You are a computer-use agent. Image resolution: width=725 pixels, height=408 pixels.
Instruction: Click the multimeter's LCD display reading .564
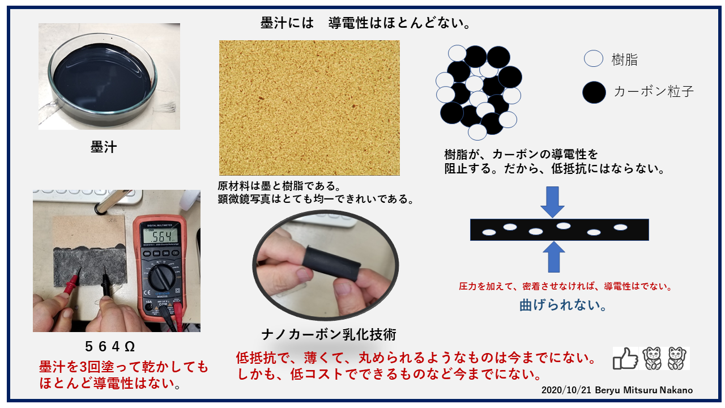[160, 236]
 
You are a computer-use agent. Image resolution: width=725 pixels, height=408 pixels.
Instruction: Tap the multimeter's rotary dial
[162, 277]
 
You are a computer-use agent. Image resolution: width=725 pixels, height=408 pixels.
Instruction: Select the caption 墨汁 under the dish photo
[104, 147]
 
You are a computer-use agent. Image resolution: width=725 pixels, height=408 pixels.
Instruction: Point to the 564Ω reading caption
[110, 347]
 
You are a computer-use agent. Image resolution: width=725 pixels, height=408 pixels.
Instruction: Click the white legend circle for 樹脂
[593, 58]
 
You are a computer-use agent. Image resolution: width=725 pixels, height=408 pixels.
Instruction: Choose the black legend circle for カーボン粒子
[594, 92]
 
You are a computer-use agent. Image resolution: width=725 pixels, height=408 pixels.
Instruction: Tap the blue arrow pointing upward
[554, 257]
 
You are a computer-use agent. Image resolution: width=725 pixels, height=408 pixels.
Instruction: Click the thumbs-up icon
[625, 359]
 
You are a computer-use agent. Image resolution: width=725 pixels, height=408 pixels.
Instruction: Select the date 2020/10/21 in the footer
[566, 390]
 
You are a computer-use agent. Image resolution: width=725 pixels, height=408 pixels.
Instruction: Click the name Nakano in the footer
[676, 390]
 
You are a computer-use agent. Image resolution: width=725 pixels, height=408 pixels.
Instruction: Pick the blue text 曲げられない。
[563, 305]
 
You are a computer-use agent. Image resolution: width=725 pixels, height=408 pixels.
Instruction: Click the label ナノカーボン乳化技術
[329, 334]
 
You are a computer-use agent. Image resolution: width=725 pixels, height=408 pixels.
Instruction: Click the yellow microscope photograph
[309, 108]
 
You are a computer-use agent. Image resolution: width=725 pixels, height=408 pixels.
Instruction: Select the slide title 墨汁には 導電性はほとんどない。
[366, 23]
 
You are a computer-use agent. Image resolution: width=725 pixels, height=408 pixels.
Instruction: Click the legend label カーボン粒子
[654, 92]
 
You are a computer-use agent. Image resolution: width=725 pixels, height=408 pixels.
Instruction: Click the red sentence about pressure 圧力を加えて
[566, 286]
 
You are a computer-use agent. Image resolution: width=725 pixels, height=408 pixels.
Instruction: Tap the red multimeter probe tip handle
[72, 283]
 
